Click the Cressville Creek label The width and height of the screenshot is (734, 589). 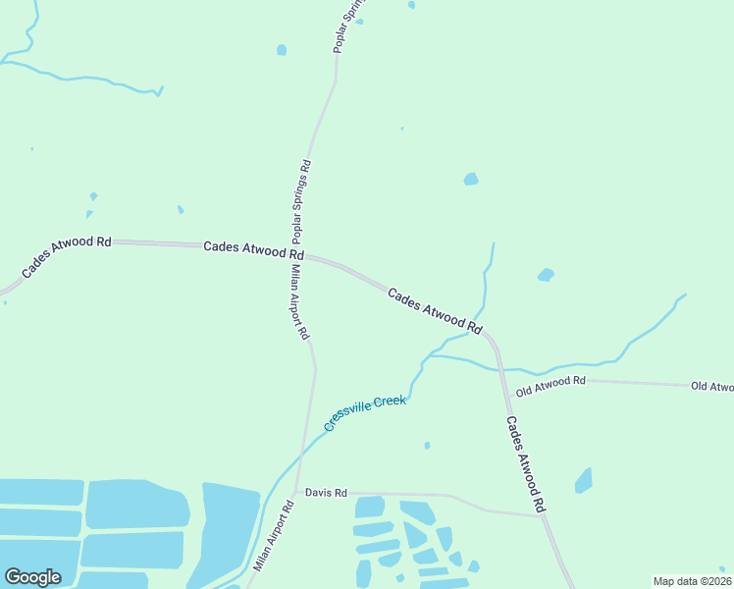click(x=365, y=413)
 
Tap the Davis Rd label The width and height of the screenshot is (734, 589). click(x=326, y=492)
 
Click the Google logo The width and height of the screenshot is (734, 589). click(x=32, y=577)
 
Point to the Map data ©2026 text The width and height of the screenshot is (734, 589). click(x=692, y=581)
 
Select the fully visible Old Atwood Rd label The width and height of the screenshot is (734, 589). click(x=550, y=385)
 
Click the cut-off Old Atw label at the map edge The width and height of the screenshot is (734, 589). click(x=711, y=387)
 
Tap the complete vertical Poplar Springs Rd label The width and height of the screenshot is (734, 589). click(x=301, y=201)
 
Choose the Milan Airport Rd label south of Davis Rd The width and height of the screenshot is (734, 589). click(x=274, y=537)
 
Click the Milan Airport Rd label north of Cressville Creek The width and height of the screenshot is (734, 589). click(x=298, y=301)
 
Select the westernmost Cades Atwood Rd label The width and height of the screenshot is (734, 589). click(x=67, y=255)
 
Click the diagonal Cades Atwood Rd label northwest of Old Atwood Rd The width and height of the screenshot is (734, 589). click(x=435, y=310)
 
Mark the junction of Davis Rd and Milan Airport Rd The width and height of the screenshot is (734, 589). click(x=296, y=492)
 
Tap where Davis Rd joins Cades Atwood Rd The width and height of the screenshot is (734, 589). click(x=542, y=516)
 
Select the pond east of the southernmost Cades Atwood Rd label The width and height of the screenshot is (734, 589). click(x=584, y=480)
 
